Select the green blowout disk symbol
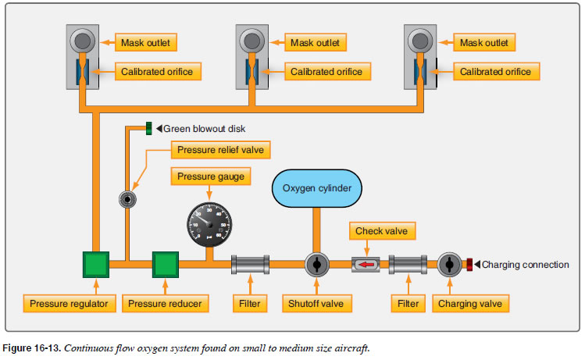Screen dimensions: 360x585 pyautogui.click(x=148, y=127)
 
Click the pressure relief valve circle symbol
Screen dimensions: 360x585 pyautogui.click(x=126, y=200)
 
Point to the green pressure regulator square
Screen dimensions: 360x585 pyautogui.click(x=98, y=266)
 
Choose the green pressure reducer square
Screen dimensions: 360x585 pyautogui.click(x=166, y=266)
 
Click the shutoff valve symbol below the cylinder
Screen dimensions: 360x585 pyautogui.click(x=317, y=266)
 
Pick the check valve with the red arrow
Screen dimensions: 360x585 pyautogui.click(x=366, y=266)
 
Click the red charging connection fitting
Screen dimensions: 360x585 pyautogui.click(x=470, y=266)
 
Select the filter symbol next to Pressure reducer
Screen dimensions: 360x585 pyautogui.click(x=251, y=266)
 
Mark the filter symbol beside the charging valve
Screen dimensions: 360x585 pyautogui.click(x=407, y=266)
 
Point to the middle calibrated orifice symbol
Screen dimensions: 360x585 pyautogui.click(x=251, y=71)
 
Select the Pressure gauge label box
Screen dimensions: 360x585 pyautogui.click(x=209, y=177)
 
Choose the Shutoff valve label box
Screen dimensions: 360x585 pyautogui.click(x=320, y=302)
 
